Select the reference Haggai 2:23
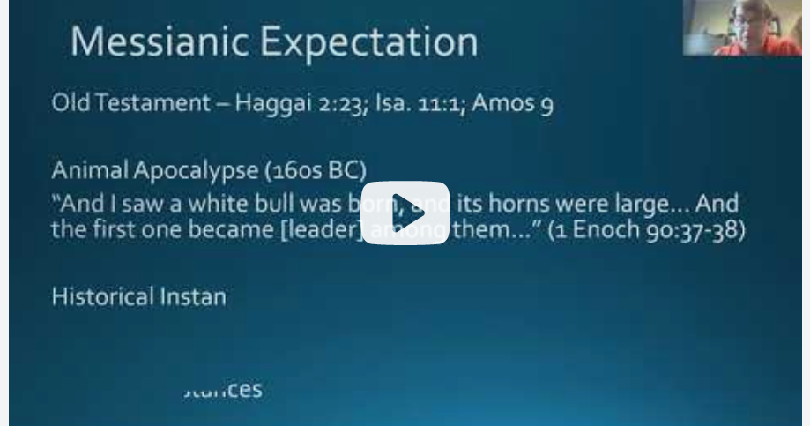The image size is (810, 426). click(x=297, y=104)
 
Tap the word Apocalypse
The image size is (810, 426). click(x=196, y=169)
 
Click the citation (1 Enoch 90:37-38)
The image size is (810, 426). click(x=647, y=234)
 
